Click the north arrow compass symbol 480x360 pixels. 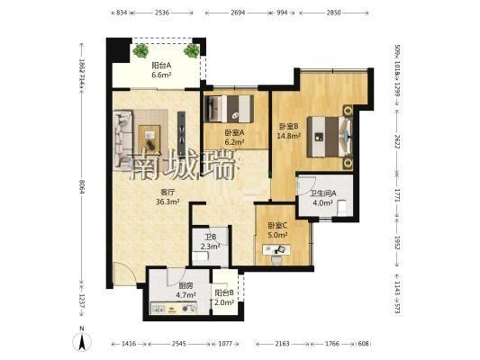[x=82, y=340]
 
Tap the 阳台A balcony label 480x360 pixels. [x=161, y=66]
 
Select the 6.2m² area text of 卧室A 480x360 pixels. [x=234, y=142]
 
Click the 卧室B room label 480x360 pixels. [x=288, y=126]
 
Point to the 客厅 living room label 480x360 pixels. [x=168, y=193]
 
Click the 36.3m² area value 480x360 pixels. [x=168, y=202]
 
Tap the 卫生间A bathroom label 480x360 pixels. [x=323, y=193]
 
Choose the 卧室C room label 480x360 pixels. [x=277, y=226]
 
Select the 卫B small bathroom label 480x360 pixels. [x=211, y=237]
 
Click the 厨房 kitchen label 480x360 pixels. [x=186, y=286]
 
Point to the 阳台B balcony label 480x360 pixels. [x=224, y=293]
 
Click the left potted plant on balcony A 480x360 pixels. [x=140, y=50]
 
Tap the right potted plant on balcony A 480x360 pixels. [x=192, y=50]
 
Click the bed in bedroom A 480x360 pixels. [x=229, y=109]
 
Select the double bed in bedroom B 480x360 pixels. [x=330, y=137]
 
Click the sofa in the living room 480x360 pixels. [x=123, y=139]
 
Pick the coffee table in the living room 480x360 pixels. [x=149, y=139]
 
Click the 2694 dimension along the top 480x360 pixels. [x=238, y=13]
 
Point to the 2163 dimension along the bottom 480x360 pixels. [x=282, y=344]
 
